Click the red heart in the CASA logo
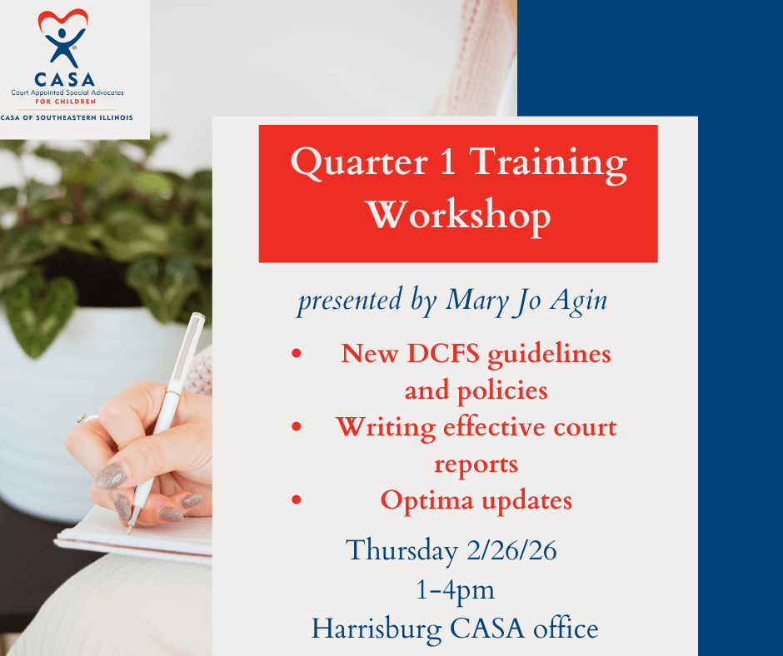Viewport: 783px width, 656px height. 63,20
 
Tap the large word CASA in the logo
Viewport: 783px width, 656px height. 64,80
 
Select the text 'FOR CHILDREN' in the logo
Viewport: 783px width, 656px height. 66,102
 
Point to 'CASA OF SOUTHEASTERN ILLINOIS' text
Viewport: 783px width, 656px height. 67,118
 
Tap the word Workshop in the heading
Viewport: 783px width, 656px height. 459,215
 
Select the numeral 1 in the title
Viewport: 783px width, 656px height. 448,162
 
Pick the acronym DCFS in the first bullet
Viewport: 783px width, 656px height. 443,354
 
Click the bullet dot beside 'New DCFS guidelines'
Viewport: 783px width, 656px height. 297,354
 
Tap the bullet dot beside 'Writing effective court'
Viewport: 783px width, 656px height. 297,427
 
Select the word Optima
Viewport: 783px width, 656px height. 427,500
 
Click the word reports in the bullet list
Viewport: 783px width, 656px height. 476,465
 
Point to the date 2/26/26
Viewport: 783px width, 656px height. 511,550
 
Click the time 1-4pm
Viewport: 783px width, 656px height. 456,590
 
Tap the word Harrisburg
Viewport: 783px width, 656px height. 377,629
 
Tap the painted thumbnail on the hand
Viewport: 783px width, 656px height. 111,476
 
